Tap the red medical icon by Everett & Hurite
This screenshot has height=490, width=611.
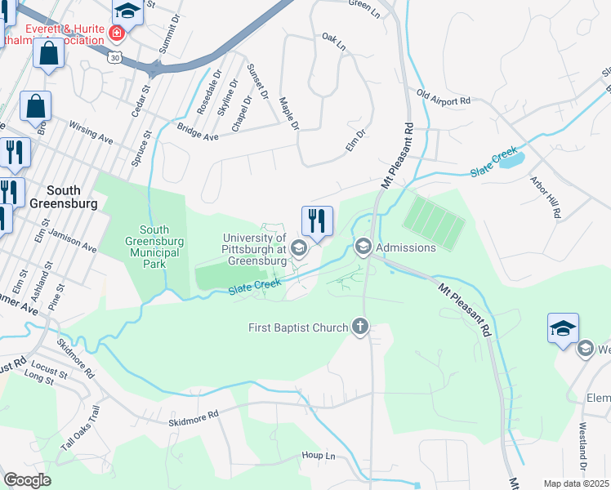point(117,33)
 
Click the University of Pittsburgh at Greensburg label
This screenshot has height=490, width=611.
point(254,250)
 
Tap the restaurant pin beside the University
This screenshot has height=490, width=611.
point(316,220)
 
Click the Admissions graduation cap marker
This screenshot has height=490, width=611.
point(363,247)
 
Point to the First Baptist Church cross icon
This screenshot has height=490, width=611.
point(359,327)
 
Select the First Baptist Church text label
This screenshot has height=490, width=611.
point(298,327)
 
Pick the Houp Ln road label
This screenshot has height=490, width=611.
point(319,455)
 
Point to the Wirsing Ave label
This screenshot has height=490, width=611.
point(91,133)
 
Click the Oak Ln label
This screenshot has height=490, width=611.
point(333,42)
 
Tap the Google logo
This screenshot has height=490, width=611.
point(27,480)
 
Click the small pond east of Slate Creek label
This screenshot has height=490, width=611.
point(511,160)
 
